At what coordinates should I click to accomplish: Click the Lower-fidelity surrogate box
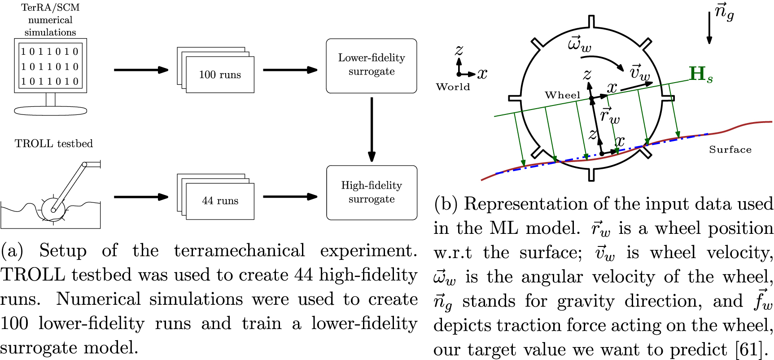[371, 66]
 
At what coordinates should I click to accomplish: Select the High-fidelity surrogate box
[372, 193]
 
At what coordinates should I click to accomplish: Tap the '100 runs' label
[220, 75]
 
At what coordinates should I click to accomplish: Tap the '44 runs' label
[220, 201]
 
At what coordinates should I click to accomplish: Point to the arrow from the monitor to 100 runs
[140, 70]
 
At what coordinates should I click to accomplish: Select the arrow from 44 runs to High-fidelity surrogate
[290, 197]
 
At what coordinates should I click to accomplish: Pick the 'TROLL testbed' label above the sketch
[53, 144]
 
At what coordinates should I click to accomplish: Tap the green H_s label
[700, 75]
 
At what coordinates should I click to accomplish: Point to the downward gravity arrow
[709, 28]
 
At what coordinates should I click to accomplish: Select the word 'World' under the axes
[453, 87]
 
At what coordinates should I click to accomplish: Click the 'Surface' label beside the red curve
[730, 150]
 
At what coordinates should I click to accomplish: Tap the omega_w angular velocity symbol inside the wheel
[579, 44]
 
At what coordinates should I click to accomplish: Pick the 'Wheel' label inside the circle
[562, 95]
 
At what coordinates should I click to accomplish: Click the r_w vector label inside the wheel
[610, 116]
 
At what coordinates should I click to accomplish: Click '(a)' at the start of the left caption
[12, 250]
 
